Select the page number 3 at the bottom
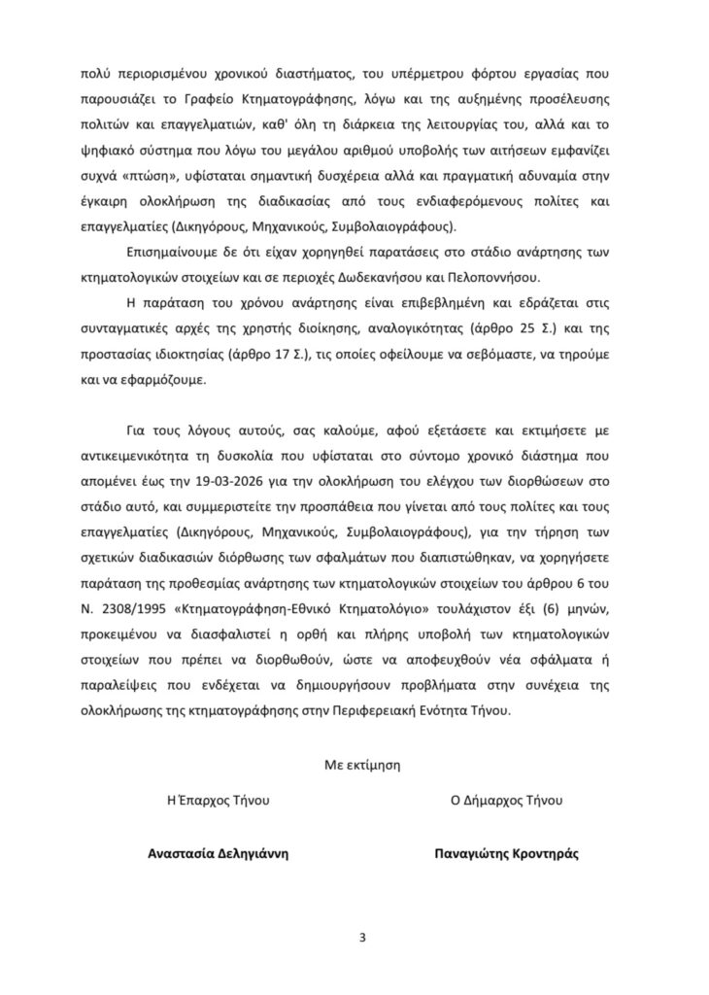point(361,938)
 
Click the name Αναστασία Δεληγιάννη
point(219,853)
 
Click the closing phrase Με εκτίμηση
point(362,765)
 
